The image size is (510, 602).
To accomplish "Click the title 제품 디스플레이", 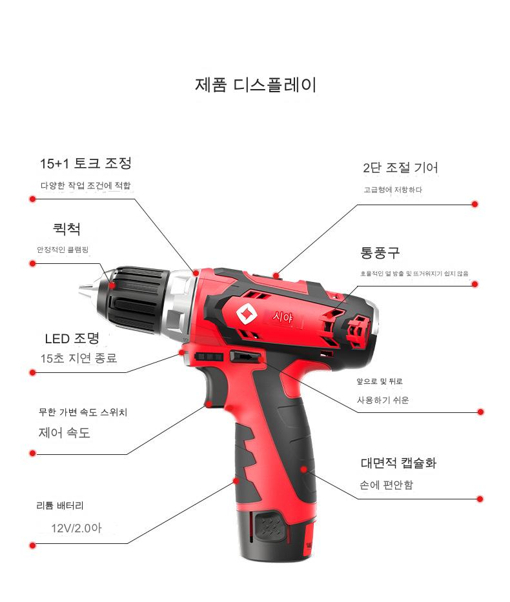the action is point(256,85).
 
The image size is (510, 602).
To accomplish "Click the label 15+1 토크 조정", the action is point(86,163).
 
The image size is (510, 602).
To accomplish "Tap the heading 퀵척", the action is point(67,229).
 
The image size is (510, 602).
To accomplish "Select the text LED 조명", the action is point(72,338).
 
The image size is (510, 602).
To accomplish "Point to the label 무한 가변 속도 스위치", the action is point(83,412).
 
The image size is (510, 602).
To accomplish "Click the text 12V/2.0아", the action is point(76,528).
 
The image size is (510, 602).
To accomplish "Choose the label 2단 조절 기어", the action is point(400,168).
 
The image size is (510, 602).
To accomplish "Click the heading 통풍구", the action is point(380,253).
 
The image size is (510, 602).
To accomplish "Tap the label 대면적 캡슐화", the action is point(398,463).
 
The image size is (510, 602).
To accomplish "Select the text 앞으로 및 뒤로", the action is point(380,381).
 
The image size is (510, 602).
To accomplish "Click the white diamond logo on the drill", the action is point(246,313).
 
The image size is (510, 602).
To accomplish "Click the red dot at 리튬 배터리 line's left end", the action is point(33,545).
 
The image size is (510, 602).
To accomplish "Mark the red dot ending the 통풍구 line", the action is point(474,284).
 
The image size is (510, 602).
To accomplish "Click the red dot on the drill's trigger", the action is point(209,404).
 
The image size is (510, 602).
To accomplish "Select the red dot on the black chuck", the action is point(112,285).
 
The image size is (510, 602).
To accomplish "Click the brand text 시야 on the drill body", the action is point(282,317).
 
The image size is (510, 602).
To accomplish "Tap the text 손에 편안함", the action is point(386,485).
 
